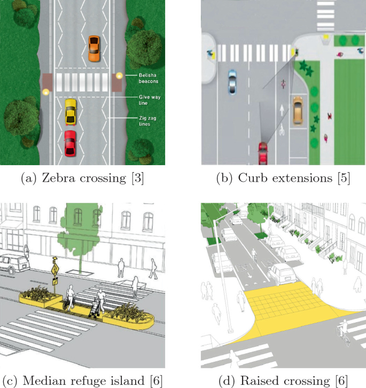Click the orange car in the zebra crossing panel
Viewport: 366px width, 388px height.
click(x=94, y=48)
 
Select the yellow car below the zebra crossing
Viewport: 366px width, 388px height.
click(x=71, y=112)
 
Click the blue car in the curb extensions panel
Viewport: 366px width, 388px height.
click(x=232, y=81)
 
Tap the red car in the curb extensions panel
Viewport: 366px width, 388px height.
click(x=262, y=153)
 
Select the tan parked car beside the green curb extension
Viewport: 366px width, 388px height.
click(x=298, y=112)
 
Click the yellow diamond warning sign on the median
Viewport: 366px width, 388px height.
click(x=54, y=265)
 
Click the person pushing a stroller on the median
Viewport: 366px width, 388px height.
click(x=99, y=303)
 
